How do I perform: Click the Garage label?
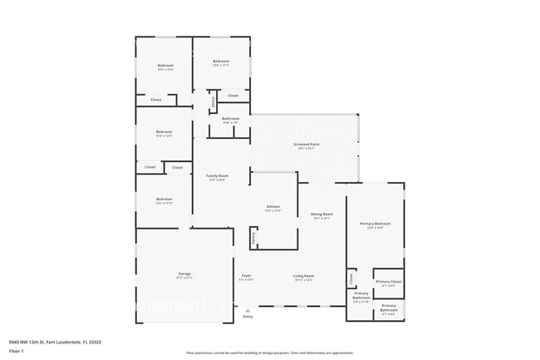[184, 274]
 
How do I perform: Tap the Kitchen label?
[272, 206]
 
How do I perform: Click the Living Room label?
[302, 275]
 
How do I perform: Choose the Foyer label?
[247, 275]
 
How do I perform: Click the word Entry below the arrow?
[248, 317]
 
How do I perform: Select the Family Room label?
[217, 175]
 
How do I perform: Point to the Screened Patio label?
[306, 145]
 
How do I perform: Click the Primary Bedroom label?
[375, 224]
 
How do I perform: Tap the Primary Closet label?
[388, 282]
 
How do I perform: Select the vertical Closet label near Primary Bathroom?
[351, 278]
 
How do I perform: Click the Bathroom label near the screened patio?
[230, 118]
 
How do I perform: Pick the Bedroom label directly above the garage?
[164, 199]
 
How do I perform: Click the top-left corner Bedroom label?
[166, 66]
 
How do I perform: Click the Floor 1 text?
[16, 351]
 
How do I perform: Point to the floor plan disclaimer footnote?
[269, 353]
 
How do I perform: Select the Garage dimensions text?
[184, 279]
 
